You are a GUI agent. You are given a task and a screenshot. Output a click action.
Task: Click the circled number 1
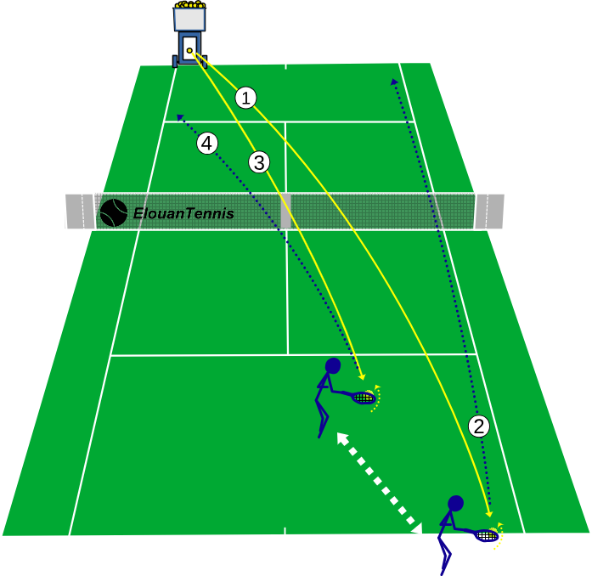point(245,98)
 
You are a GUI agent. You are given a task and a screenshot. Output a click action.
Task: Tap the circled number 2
point(479,426)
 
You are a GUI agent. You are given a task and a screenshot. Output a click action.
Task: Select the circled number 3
point(259,162)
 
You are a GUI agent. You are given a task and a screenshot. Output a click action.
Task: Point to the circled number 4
point(207,143)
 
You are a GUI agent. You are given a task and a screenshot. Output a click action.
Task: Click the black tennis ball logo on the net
point(114,212)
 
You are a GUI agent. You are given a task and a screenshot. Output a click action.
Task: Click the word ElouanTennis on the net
point(183,213)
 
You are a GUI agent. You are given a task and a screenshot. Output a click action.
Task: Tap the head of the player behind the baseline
point(456,504)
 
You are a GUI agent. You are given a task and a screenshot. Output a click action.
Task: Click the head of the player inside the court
point(333,366)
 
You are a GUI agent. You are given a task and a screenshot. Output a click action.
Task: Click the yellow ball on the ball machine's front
point(189,51)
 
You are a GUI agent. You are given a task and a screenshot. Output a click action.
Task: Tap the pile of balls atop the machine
point(190,4)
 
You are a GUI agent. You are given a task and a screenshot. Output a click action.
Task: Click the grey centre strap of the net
point(285,212)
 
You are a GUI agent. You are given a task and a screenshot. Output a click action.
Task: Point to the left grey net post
point(80,212)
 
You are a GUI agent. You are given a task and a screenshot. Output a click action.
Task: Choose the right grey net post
point(489,212)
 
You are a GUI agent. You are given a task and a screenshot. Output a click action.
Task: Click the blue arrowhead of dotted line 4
point(180,117)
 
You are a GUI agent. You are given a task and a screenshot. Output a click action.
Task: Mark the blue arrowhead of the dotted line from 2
point(394,82)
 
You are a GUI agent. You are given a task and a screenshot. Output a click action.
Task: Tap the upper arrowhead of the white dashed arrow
point(341,438)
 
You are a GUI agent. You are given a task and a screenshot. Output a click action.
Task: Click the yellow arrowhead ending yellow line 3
point(363,376)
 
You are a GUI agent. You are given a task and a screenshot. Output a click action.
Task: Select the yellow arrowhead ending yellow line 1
point(490,514)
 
